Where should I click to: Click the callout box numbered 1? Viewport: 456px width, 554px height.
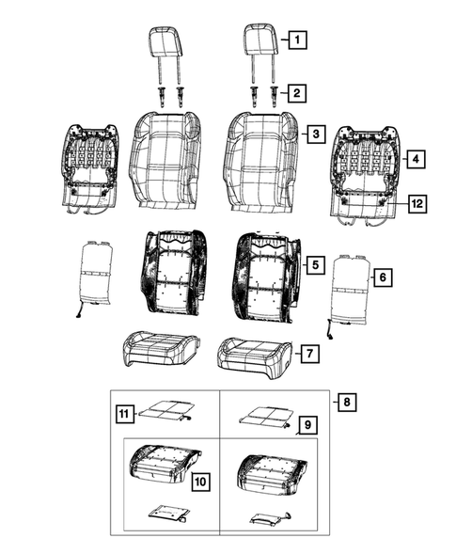296,40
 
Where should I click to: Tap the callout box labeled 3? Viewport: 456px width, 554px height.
319,135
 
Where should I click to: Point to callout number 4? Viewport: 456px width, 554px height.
414,161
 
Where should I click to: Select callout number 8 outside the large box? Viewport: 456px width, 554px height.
348,403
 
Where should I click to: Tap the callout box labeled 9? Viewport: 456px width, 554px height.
306,426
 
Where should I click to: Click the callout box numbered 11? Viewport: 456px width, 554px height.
123,412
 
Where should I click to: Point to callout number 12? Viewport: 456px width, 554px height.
414,202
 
